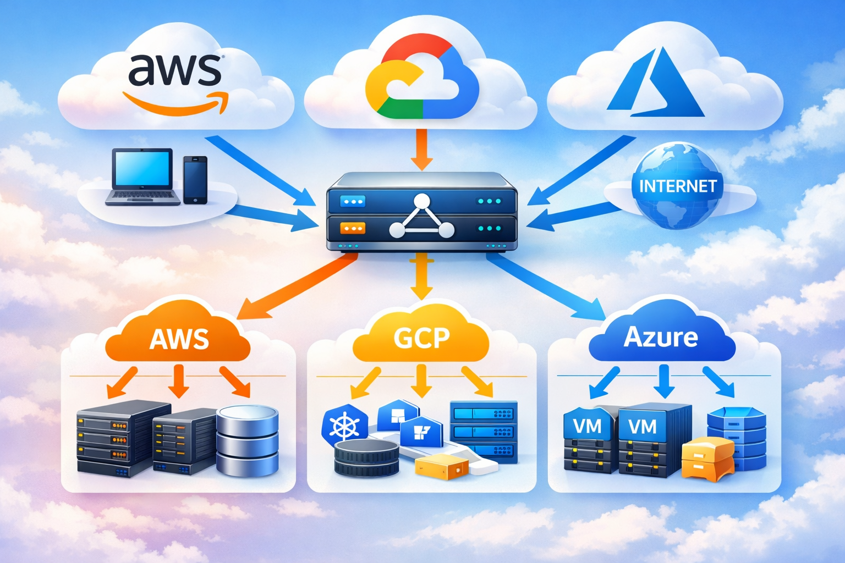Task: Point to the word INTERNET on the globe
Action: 678,186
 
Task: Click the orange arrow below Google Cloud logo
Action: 422,148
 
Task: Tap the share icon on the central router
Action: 421,217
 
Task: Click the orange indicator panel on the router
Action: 352,228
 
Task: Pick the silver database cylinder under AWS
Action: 247,440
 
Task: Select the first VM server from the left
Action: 588,440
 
